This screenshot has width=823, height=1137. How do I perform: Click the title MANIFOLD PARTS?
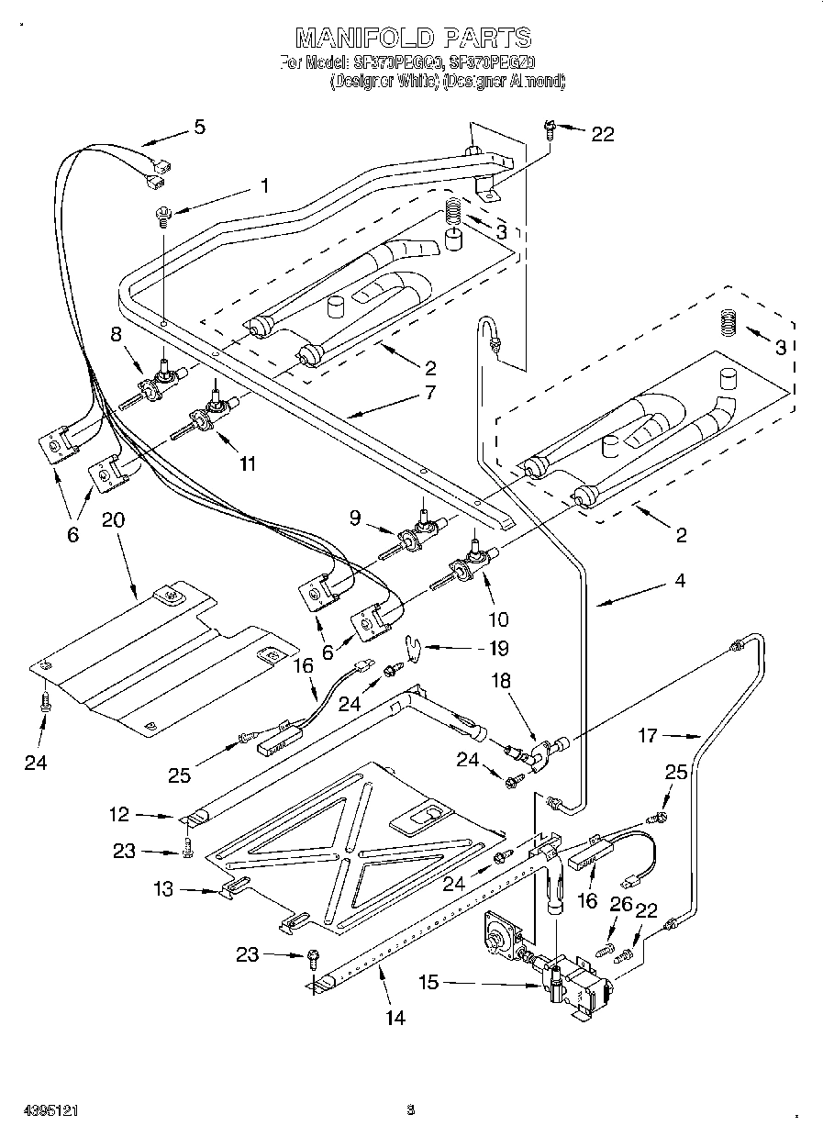pyautogui.click(x=412, y=38)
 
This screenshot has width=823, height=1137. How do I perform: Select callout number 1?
pyautogui.click(x=264, y=185)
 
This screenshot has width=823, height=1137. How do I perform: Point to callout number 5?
pyautogui.click(x=199, y=127)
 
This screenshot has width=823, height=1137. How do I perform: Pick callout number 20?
pyautogui.click(x=114, y=519)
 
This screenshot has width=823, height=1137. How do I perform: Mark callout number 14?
pyautogui.click(x=395, y=1017)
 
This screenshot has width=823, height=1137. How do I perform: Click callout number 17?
pyautogui.click(x=649, y=734)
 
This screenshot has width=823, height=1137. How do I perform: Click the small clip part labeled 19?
pyautogui.click(x=415, y=648)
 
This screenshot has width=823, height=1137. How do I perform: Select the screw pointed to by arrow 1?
pyautogui.click(x=163, y=216)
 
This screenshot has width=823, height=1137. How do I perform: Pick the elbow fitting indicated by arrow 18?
pyautogui.click(x=539, y=754)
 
